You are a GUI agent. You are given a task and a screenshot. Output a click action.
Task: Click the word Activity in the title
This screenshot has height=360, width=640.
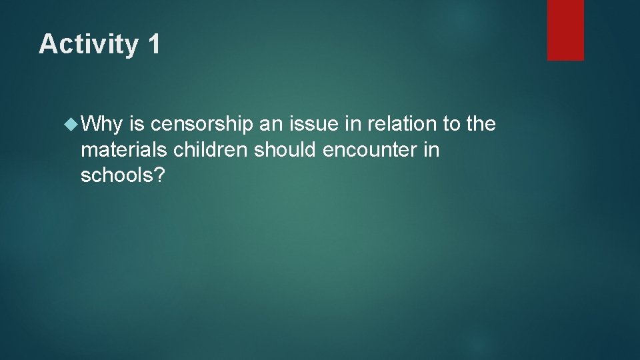click(87, 45)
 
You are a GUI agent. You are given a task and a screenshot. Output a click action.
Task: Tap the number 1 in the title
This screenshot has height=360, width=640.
click(153, 44)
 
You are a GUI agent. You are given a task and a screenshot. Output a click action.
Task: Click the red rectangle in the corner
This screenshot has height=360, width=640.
click(565, 30)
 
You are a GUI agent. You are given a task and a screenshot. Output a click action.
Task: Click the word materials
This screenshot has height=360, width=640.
click(124, 150)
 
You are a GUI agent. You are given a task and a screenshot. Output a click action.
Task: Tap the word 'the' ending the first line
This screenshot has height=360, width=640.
click(481, 123)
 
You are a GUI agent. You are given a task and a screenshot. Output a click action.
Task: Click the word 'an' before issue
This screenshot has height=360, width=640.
click(273, 123)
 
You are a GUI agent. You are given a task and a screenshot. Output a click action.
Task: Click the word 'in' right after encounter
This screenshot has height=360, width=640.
click(431, 150)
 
